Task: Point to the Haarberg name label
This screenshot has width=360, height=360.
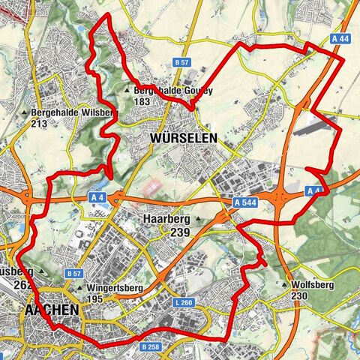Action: pyautogui.click(x=168, y=220)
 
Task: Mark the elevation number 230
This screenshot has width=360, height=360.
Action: pyautogui.click(x=300, y=296)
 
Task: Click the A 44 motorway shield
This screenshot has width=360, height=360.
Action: pyautogui.click(x=339, y=37)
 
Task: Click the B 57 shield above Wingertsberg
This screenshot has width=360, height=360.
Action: pyautogui.click(x=73, y=274)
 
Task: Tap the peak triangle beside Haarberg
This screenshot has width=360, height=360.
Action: pyautogui.click(x=198, y=220)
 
